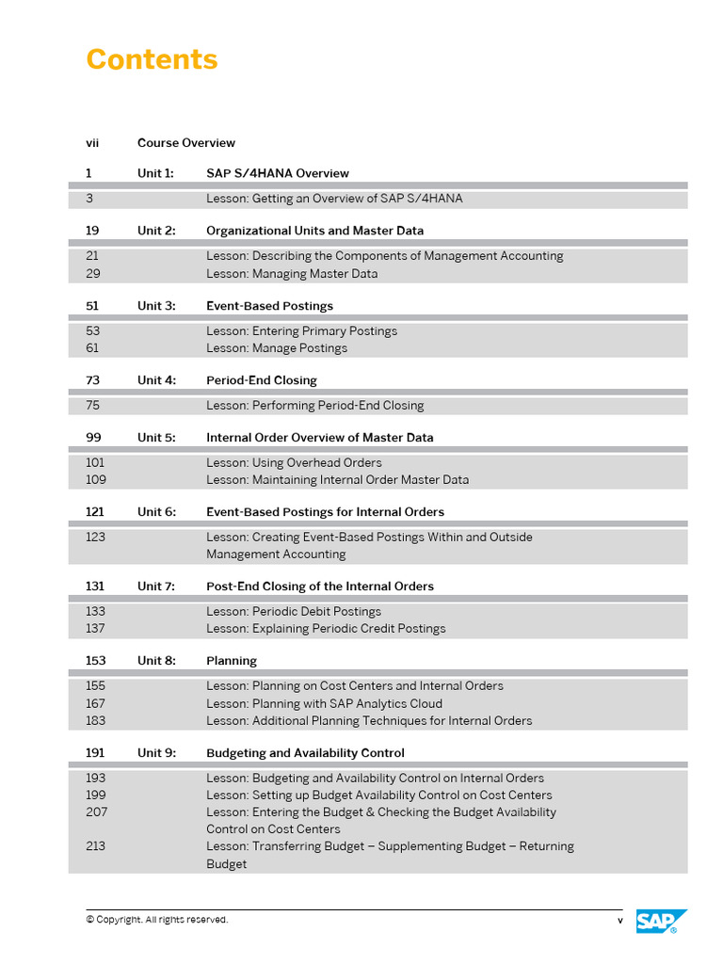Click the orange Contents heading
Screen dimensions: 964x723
click(152, 59)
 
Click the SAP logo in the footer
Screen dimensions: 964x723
click(661, 921)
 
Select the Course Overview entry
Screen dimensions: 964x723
click(186, 143)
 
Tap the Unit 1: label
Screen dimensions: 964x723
click(155, 173)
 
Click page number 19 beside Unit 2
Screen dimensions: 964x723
click(92, 231)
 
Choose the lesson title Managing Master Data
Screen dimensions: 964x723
click(292, 274)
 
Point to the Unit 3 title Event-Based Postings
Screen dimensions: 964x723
click(269, 306)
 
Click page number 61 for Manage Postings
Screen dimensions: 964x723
click(92, 348)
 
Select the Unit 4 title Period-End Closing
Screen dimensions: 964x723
click(262, 380)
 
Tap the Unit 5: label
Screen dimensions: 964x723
click(156, 438)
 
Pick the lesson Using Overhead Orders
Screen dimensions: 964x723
click(294, 463)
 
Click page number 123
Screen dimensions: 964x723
click(95, 538)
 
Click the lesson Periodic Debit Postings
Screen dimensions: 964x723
click(294, 612)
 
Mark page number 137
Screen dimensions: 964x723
click(95, 629)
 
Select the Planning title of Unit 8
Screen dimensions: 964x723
click(232, 661)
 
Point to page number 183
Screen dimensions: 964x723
click(95, 721)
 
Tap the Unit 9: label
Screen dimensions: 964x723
click(156, 753)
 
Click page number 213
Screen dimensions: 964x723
click(95, 846)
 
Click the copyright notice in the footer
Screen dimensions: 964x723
click(157, 920)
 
